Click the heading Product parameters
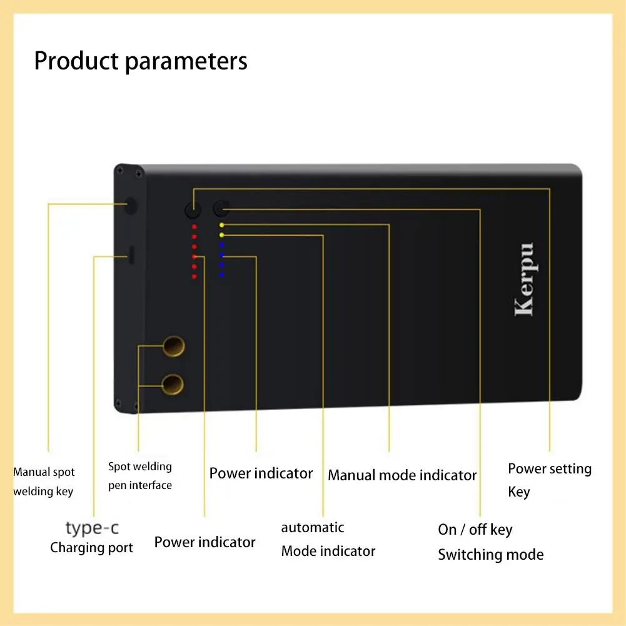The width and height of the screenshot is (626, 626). [x=141, y=61]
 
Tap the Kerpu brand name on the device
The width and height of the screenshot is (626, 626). [x=524, y=279]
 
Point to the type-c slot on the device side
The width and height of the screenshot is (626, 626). [x=131, y=255]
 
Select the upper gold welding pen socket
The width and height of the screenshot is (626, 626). [x=173, y=345]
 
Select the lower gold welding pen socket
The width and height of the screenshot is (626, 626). [x=173, y=383]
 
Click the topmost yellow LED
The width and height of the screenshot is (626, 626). [x=221, y=225]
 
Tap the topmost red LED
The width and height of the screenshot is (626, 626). [x=194, y=226]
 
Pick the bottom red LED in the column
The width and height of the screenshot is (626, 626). [x=194, y=276]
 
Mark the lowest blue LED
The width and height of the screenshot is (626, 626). [x=221, y=275]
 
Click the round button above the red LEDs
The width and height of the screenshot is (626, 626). [x=192, y=210]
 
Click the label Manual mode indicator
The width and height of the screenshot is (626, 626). [x=402, y=475]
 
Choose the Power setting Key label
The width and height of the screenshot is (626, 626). [x=549, y=480]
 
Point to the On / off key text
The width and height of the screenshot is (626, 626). [x=475, y=530]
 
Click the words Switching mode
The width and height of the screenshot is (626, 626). [x=490, y=555]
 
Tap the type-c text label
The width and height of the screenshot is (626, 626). [x=92, y=528]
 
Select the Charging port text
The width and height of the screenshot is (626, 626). [x=91, y=548]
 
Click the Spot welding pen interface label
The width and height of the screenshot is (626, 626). [x=139, y=476]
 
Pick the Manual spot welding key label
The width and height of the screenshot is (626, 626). [x=44, y=482]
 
